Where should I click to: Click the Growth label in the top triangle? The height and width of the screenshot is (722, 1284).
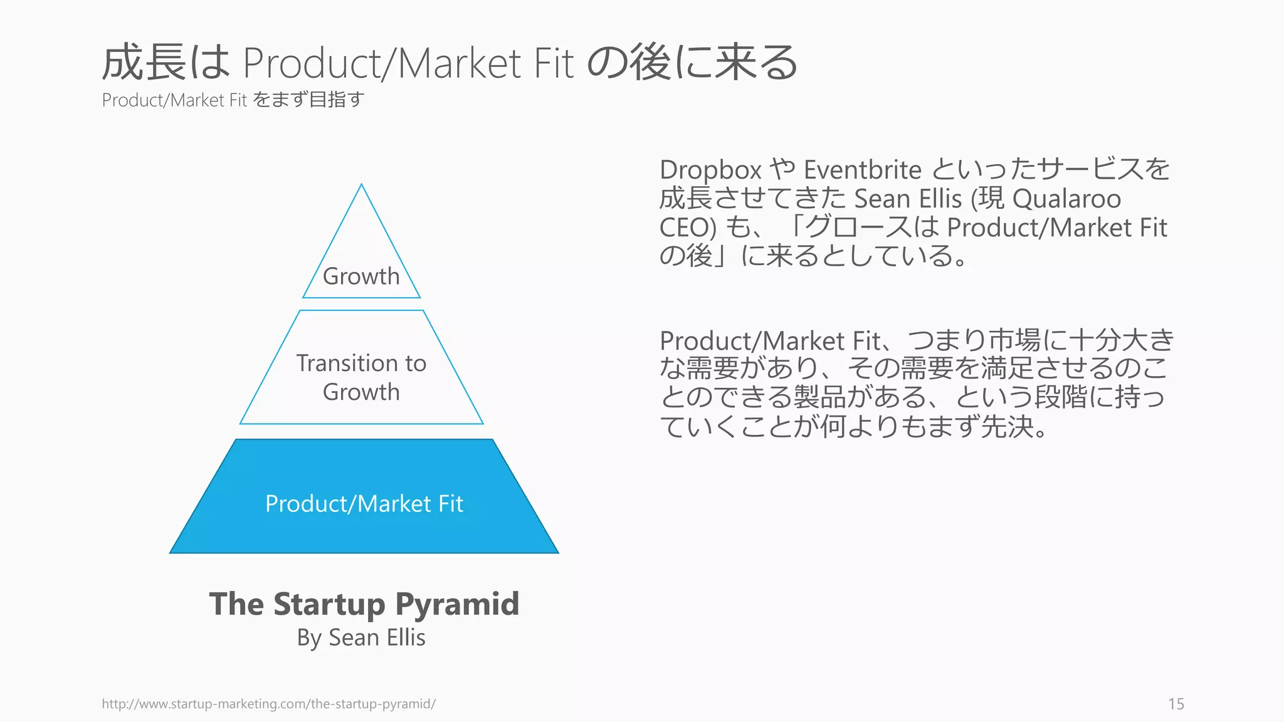click(x=361, y=276)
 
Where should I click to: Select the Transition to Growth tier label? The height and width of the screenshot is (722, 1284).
click(x=361, y=377)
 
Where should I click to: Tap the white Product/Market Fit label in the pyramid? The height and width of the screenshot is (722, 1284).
click(x=364, y=504)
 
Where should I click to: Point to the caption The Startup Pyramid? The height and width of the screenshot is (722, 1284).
click(x=364, y=604)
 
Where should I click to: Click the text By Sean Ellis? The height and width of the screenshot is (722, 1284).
click(x=361, y=637)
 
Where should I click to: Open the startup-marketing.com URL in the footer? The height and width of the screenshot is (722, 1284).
click(x=268, y=704)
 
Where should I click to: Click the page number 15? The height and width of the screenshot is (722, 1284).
click(x=1176, y=704)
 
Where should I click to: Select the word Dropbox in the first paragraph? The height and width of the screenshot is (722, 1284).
click(x=710, y=170)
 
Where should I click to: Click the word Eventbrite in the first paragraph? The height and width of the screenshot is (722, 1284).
click(x=862, y=170)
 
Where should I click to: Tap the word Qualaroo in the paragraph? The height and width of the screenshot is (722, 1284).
click(x=1066, y=199)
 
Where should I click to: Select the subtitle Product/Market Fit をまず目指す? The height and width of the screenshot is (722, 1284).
click(x=233, y=100)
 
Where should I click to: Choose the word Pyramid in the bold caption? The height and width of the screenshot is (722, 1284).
click(x=457, y=604)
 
